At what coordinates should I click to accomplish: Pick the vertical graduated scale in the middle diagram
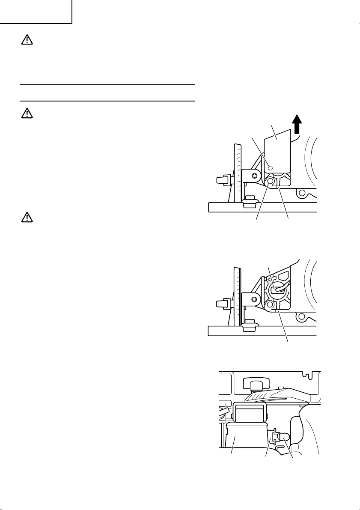coord(237,296)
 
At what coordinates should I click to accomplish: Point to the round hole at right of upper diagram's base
coord(303,195)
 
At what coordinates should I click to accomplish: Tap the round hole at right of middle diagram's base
coord(303,318)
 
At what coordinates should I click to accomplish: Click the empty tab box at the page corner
coord(36,11)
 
